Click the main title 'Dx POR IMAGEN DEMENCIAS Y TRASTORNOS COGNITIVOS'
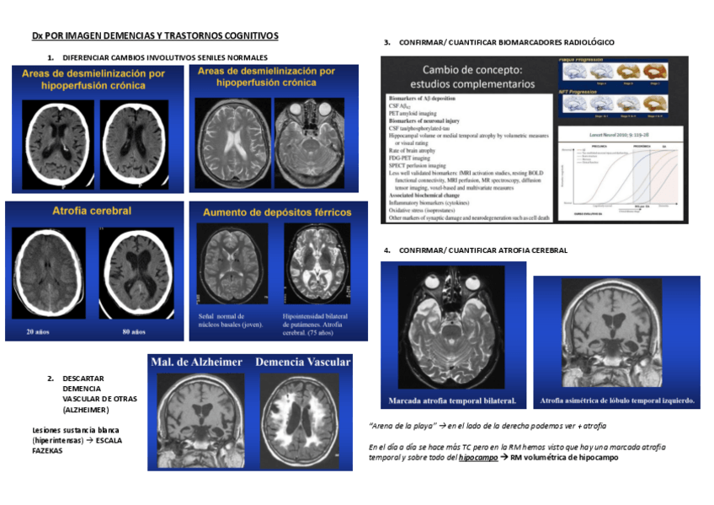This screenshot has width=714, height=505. point(154,35)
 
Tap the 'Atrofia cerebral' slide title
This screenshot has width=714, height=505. point(91,211)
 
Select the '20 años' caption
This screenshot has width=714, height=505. point(37,331)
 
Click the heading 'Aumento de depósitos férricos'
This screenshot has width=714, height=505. point(277,212)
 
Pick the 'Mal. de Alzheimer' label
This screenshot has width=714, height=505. point(197,363)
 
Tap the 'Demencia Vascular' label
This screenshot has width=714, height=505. point(302,363)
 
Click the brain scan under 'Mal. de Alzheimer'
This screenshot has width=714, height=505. point(202,418)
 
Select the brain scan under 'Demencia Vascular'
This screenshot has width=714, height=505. point(301,420)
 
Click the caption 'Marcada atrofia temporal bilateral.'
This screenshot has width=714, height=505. point(453,400)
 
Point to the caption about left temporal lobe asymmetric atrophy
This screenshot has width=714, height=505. point(617,400)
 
